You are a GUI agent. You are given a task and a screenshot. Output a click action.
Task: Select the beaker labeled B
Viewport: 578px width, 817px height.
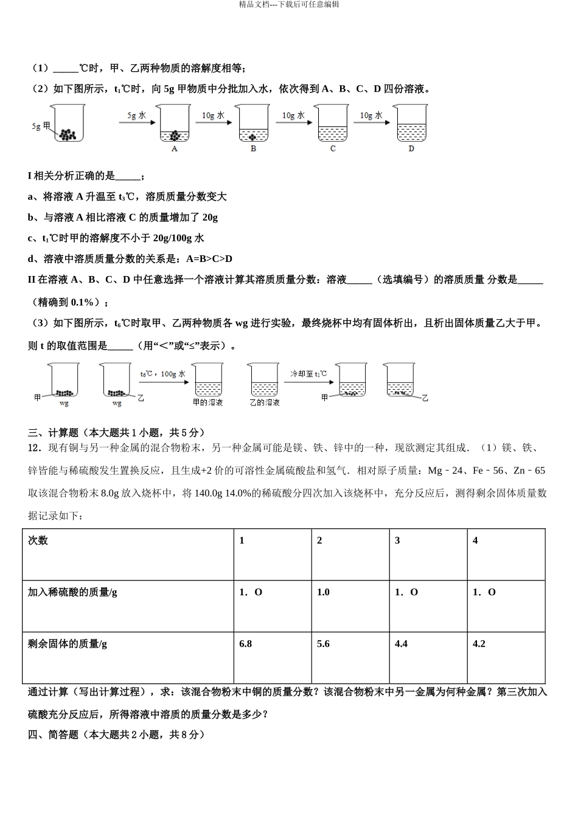(253, 124)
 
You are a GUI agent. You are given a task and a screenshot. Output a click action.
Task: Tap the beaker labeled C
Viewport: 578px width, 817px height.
(332, 124)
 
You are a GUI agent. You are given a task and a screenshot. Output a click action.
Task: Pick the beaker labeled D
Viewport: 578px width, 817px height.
(411, 124)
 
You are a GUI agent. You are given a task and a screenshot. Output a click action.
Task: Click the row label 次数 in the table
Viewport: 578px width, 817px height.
(38, 540)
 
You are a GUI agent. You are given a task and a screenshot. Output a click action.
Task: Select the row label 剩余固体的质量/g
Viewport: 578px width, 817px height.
(67, 644)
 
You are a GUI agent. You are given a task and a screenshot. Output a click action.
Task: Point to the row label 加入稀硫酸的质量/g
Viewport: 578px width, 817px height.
(72, 592)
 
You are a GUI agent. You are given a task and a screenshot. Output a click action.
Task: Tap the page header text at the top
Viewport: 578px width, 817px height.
(289, 4)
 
